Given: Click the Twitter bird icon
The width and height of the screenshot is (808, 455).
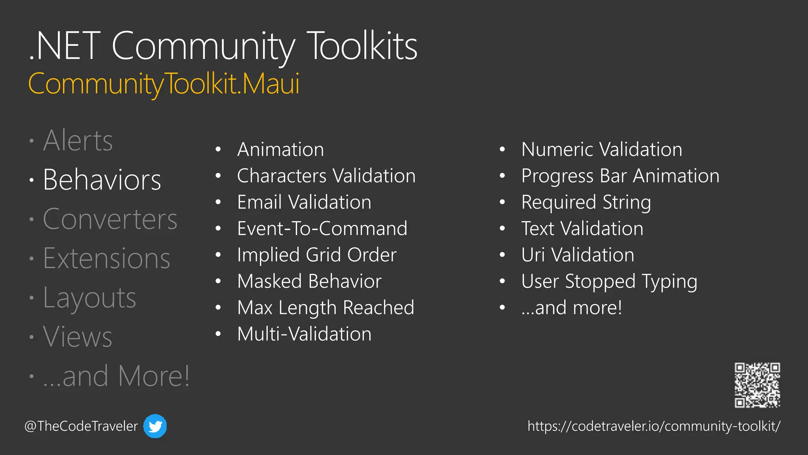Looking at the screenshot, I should (x=155, y=426).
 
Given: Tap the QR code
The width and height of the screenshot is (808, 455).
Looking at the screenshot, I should (x=757, y=385).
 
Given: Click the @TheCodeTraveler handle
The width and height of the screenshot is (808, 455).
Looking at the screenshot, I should (x=81, y=426).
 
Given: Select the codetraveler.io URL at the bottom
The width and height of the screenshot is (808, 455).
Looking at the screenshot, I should (x=654, y=426).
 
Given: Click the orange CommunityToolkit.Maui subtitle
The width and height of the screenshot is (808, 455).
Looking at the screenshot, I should (x=164, y=84).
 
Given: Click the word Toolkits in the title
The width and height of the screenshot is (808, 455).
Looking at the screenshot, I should (x=362, y=46).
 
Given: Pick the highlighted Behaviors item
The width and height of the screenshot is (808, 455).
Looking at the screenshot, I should (x=102, y=180).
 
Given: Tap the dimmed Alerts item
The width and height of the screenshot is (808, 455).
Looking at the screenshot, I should (x=78, y=141).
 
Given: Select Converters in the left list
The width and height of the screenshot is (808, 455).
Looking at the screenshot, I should (x=110, y=219).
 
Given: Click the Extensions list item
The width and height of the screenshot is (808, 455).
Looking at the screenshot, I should (x=107, y=259).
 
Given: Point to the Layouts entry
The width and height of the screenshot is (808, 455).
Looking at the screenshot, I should (x=89, y=298).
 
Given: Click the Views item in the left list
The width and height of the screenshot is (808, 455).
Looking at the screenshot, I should (x=77, y=337).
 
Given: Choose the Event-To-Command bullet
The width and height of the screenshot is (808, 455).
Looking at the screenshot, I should (x=322, y=229).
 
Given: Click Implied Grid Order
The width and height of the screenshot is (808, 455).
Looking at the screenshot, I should (x=316, y=255).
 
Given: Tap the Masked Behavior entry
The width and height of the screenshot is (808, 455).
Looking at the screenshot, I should (x=309, y=281).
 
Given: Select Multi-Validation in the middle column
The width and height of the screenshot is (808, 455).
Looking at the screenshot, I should (x=304, y=334).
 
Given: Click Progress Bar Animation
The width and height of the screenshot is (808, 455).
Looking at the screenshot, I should (x=620, y=176).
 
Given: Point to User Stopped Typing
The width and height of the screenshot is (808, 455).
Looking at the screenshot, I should (x=609, y=281).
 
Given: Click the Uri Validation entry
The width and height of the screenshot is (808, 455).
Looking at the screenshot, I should (x=578, y=255).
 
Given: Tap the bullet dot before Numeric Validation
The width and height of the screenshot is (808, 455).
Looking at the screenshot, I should (x=502, y=150).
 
